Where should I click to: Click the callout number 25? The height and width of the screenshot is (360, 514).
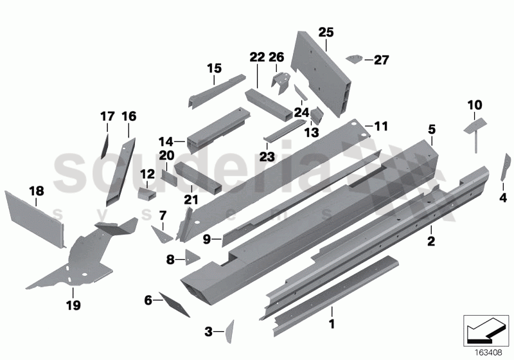click(326, 32)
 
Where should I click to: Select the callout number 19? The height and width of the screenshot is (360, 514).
click(73, 305)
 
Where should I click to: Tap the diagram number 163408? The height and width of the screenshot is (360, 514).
click(490, 352)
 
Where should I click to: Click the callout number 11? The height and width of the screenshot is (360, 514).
click(381, 127)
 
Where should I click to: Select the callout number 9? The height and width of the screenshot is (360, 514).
click(207, 240)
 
